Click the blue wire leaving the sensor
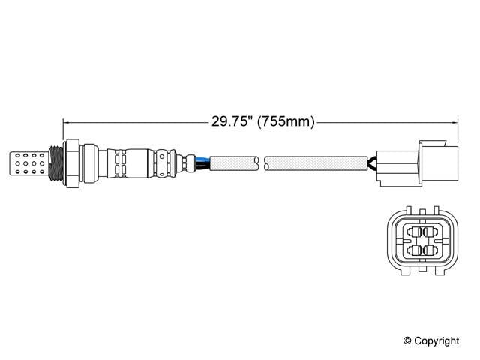click(201, 157)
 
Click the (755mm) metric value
click(284, 122)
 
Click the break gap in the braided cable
click(263, 161)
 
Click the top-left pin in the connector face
click(412, 231)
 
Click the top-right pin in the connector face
click(430, 231)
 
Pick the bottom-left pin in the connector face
click(412, 250)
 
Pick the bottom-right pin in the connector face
click(430, 250)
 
